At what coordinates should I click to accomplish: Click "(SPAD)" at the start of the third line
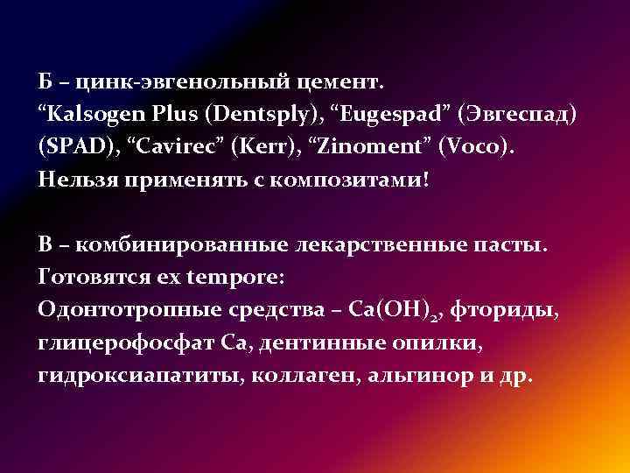73,149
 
